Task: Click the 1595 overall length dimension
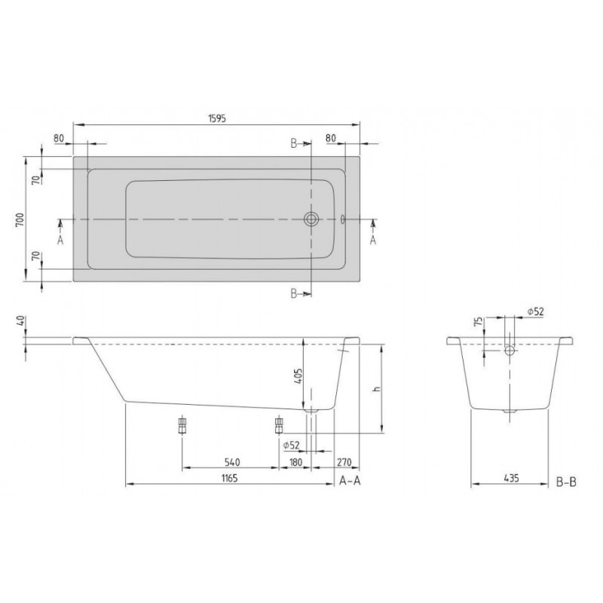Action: point(217,118)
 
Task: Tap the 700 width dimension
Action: point(20,219)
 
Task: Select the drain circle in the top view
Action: point(311,219)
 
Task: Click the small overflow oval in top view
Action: point(343,219)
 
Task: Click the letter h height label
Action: point(378,388)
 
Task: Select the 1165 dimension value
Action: point(230,478)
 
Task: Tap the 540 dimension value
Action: point(232,462)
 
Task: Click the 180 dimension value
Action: point(295,462)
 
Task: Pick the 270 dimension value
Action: point(344,462)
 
